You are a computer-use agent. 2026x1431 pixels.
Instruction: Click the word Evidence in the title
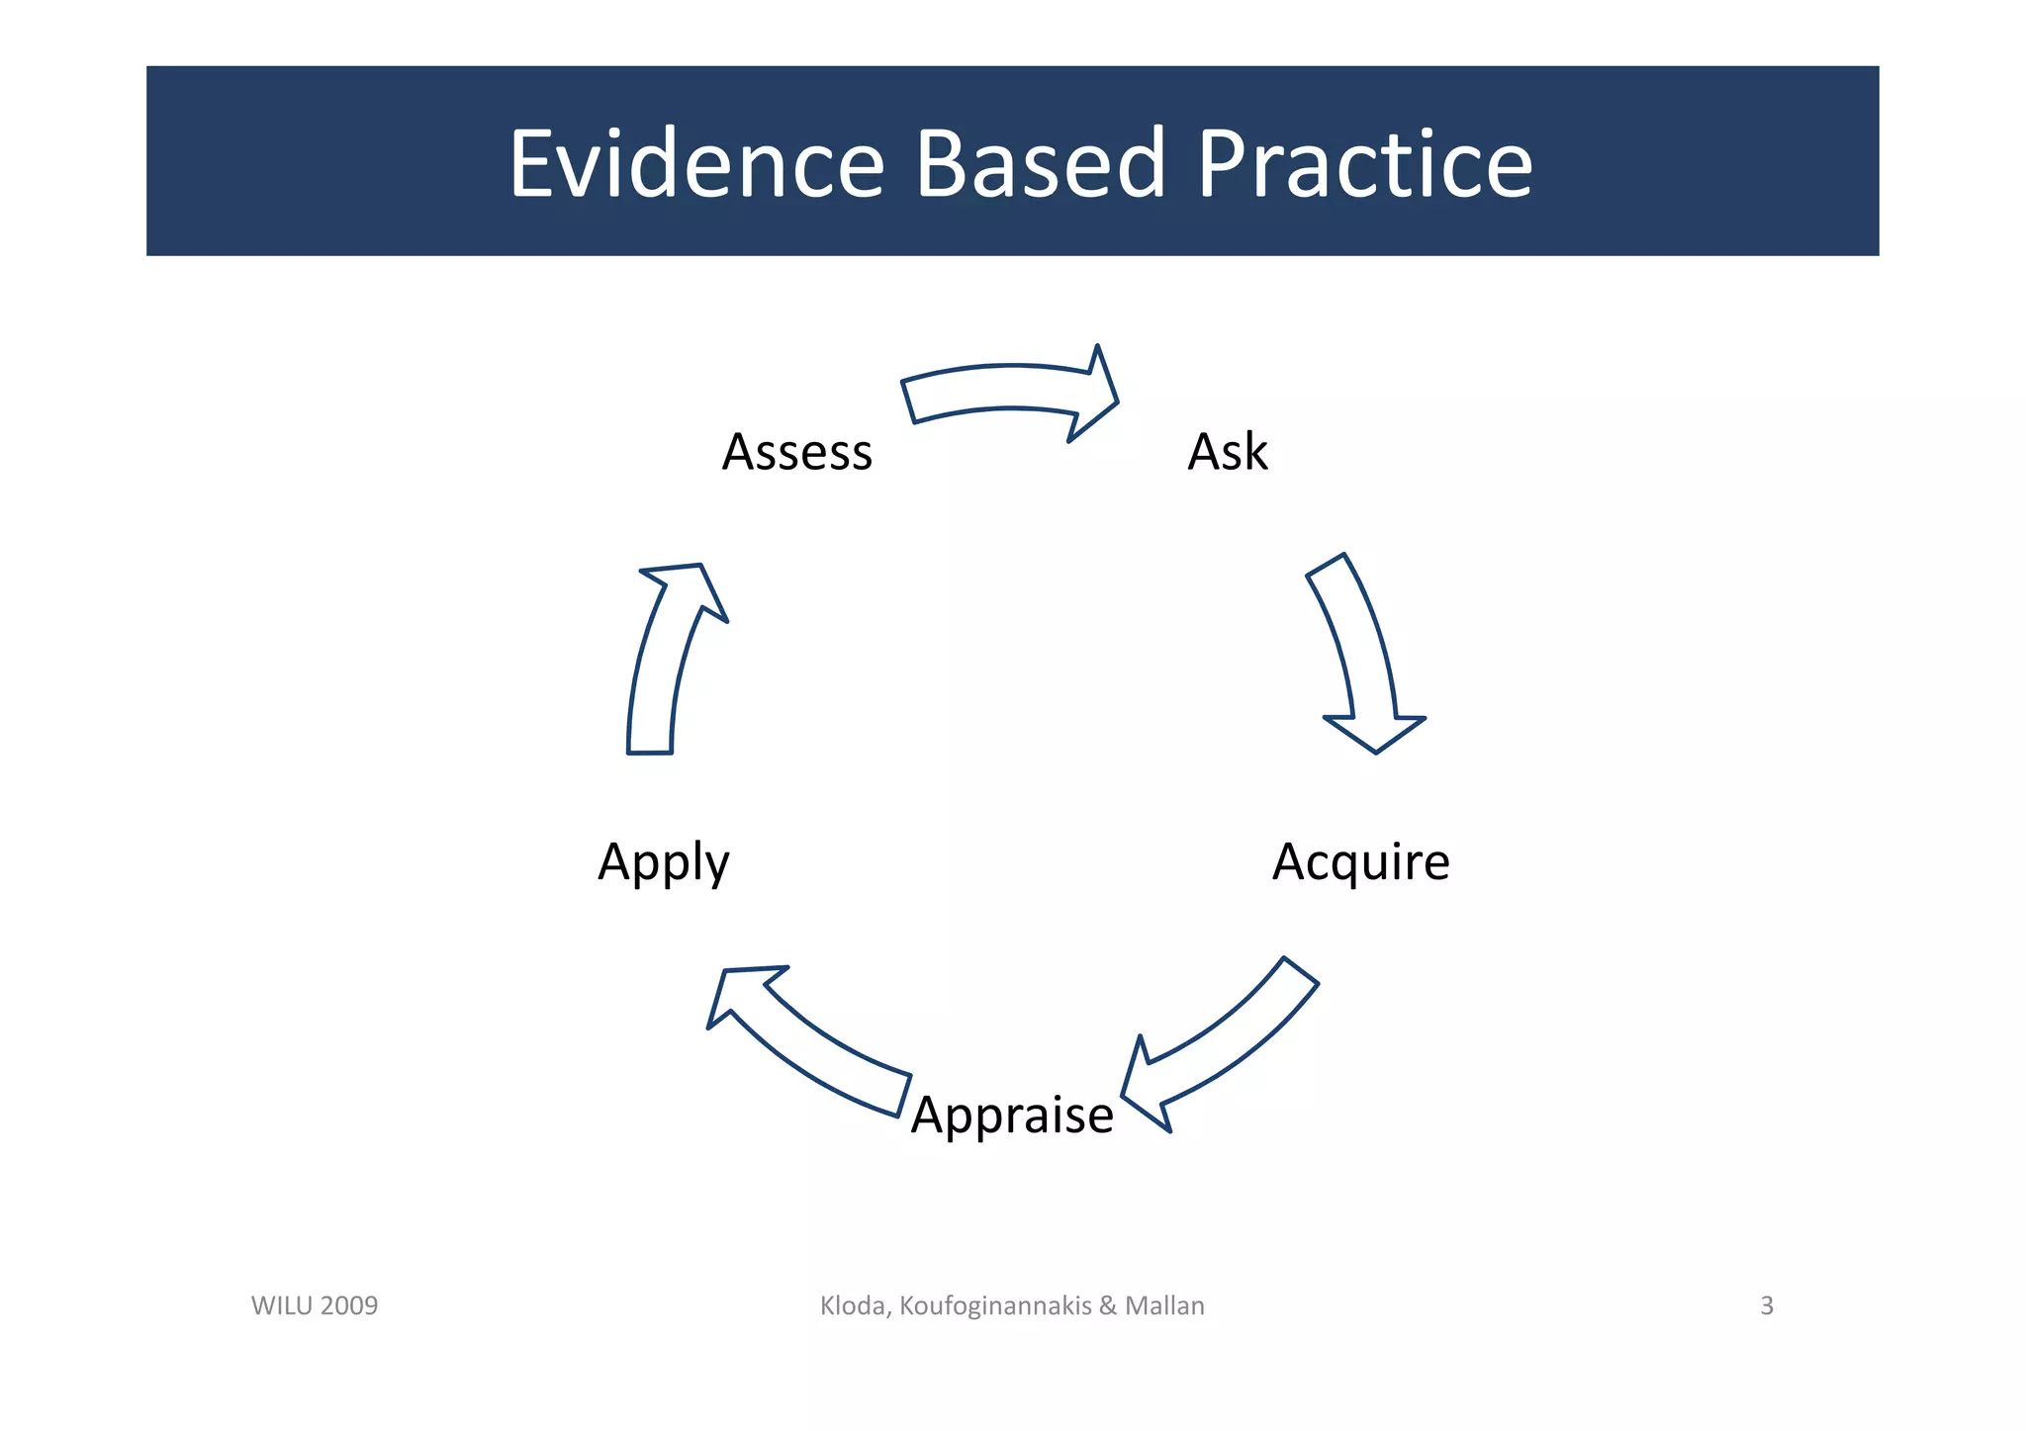[x=696, y=164]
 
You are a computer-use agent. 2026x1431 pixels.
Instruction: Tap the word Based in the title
[x=1040, y=164]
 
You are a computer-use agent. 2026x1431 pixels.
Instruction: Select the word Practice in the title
[x=1364, y=164]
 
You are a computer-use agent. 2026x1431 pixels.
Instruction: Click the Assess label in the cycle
[x=797, y=452]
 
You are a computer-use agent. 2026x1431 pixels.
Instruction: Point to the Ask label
[x=1227, y=452]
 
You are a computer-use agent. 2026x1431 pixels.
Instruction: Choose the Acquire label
[x=1360, y=861]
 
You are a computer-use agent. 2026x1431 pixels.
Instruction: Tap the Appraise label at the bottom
[x=1012, y=1116]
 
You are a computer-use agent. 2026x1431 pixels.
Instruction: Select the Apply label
[x=664, y=862]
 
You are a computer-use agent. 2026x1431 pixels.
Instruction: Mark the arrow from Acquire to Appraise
[x=1227, y=1048]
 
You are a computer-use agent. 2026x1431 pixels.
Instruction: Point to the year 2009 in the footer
[x=349, y=1306]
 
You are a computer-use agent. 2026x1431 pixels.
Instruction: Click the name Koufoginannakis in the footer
[x=995, y=1306]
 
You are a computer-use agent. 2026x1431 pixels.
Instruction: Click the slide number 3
[x=1767, y=1306]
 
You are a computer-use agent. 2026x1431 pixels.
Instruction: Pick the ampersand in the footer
[x=1108, y=1306]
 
